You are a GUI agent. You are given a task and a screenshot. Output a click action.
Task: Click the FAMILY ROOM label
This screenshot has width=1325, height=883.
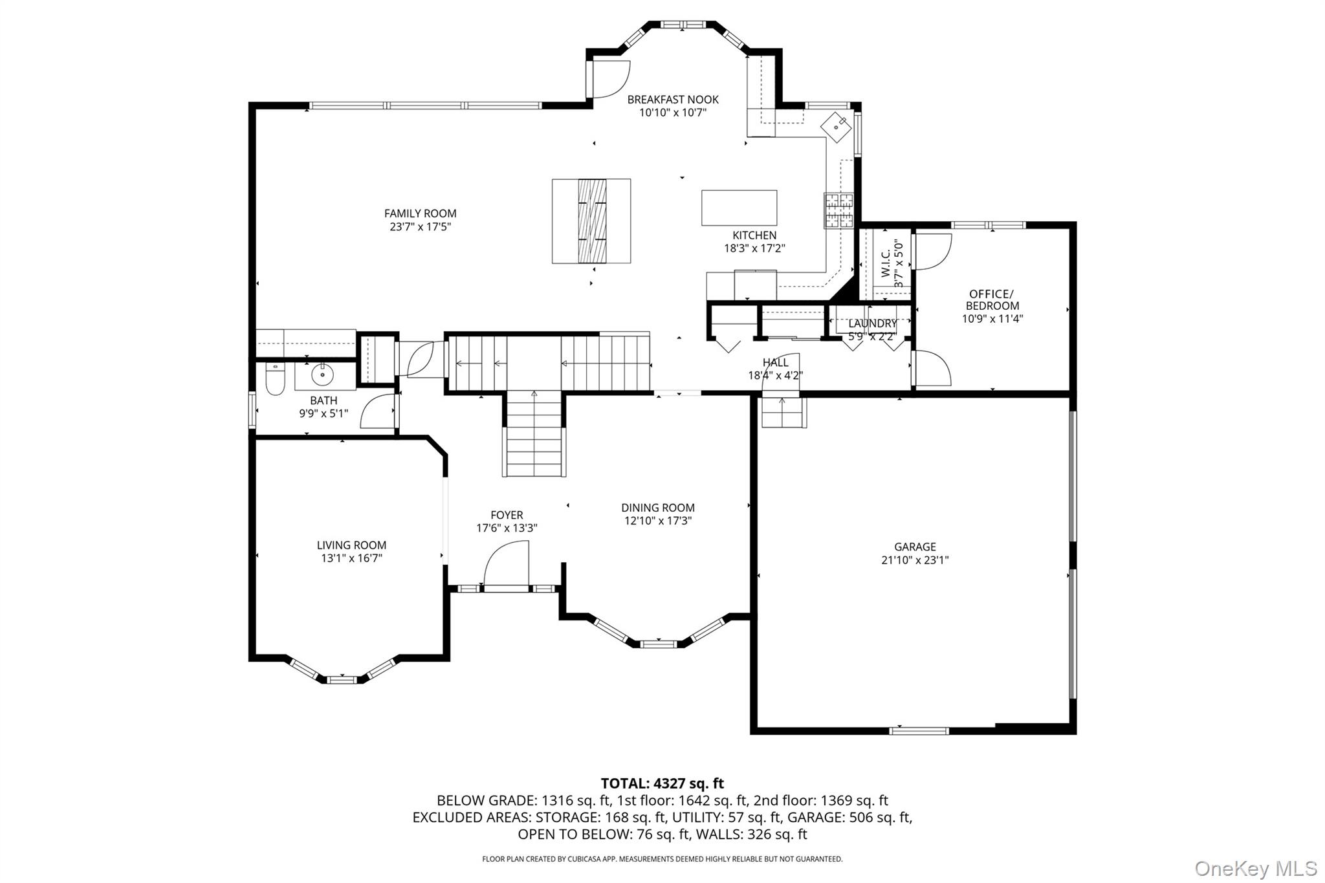coord(420,213)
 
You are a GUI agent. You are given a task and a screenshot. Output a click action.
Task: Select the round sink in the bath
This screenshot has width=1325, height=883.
coord(322,375)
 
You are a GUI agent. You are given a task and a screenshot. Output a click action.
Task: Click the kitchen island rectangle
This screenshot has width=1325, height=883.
coord(739,207)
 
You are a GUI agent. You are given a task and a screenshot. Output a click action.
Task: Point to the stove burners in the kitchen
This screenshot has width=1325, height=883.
coord(838,211)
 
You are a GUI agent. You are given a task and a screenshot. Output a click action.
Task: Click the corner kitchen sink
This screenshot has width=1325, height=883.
coord(838,127)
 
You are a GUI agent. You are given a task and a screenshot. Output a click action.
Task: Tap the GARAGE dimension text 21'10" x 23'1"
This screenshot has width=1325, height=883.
coord(915,560)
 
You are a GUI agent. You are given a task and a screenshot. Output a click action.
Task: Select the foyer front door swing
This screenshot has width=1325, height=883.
coord(507,564)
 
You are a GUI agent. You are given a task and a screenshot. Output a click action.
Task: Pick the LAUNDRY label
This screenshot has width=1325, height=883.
coord(872,323)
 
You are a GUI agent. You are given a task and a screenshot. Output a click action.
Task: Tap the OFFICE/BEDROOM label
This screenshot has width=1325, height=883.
coord(992,300)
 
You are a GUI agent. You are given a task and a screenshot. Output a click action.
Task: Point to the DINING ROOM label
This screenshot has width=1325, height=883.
coord(658,508)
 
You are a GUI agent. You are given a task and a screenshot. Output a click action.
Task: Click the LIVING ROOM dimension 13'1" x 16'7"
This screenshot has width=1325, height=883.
coord(351,558)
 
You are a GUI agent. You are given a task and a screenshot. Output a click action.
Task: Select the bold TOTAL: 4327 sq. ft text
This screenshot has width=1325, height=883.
coord(662,783)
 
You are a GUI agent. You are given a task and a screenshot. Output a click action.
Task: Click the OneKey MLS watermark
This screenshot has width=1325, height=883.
coord(1255,868)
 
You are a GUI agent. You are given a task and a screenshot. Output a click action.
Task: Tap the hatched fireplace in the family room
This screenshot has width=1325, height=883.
coord(591,221)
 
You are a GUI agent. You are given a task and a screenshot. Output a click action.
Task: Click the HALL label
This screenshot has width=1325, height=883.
coord(775,362)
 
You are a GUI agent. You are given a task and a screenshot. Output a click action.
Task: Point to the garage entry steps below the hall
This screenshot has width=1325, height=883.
coord(783,412)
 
